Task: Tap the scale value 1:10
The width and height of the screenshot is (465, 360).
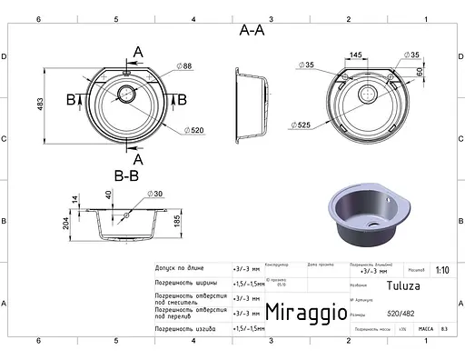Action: pos(442,270)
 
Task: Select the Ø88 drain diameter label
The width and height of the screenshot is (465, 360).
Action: pos(185,66)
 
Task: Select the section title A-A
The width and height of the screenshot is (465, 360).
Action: pos(252,30)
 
